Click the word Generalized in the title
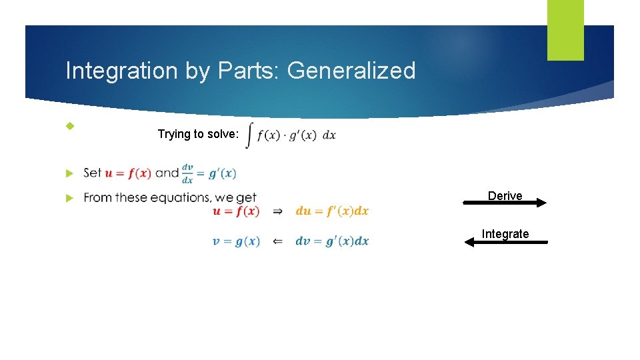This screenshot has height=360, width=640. (351, 71)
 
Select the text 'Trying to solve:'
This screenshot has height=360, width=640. (197, 134)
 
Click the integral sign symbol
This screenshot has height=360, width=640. (249, 135)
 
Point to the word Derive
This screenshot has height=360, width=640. (505, 195)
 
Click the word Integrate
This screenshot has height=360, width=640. (505, 233)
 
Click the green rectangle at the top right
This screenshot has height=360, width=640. (565, 30)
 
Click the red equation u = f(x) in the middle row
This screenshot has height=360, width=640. (236, 211)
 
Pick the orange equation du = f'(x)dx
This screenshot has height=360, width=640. (332, 211)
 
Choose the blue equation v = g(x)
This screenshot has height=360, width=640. (236, 241)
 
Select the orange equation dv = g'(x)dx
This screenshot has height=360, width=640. (332, 241)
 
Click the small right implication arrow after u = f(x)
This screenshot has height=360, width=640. (277, 211)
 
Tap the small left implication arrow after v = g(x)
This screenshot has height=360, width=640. (277, 241)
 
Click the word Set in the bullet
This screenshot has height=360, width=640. (93, 173)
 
